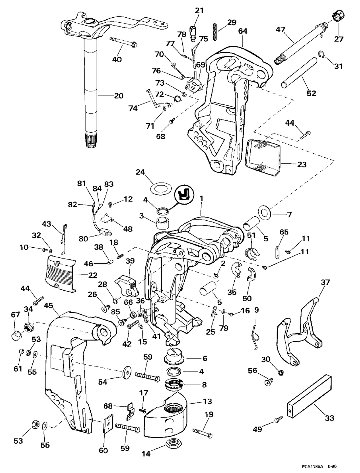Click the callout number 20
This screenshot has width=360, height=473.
click(x=119, y=95)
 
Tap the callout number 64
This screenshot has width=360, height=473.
click(x=243, y=31)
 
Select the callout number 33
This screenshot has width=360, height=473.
click(x=329, y=424)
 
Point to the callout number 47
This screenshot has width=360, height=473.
click(x=280, y=30)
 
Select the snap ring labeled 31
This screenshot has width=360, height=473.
click(x=321, y=54)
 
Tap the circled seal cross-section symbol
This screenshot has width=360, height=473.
click(x=184, y=195)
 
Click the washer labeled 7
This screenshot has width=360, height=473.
click(x=264, y=212)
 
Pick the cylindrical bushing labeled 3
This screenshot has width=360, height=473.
click(x=163, y=224)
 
